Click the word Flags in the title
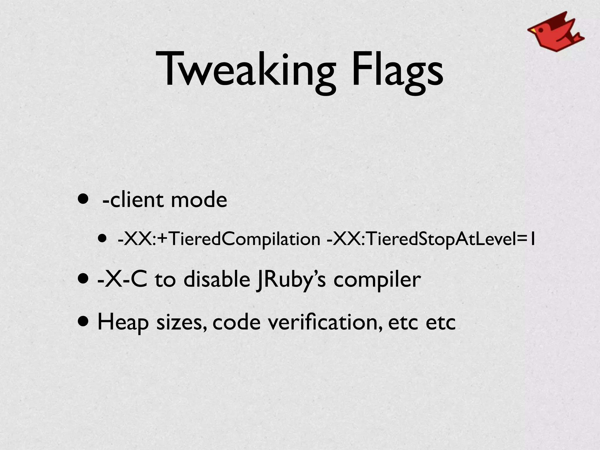click(x=397, y=70)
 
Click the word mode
click(x=199, y=200)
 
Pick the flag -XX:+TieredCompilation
click(x=219, y=239)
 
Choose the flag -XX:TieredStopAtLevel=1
click(x=431, y=239)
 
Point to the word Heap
click(x=123, y=322)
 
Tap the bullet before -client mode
click(x=83, y=200)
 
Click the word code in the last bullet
click(x=236, y=322)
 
